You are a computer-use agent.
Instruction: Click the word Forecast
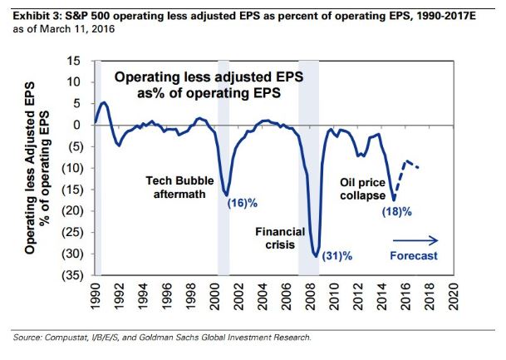click(413, 255)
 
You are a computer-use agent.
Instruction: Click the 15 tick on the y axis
click(73, 61)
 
